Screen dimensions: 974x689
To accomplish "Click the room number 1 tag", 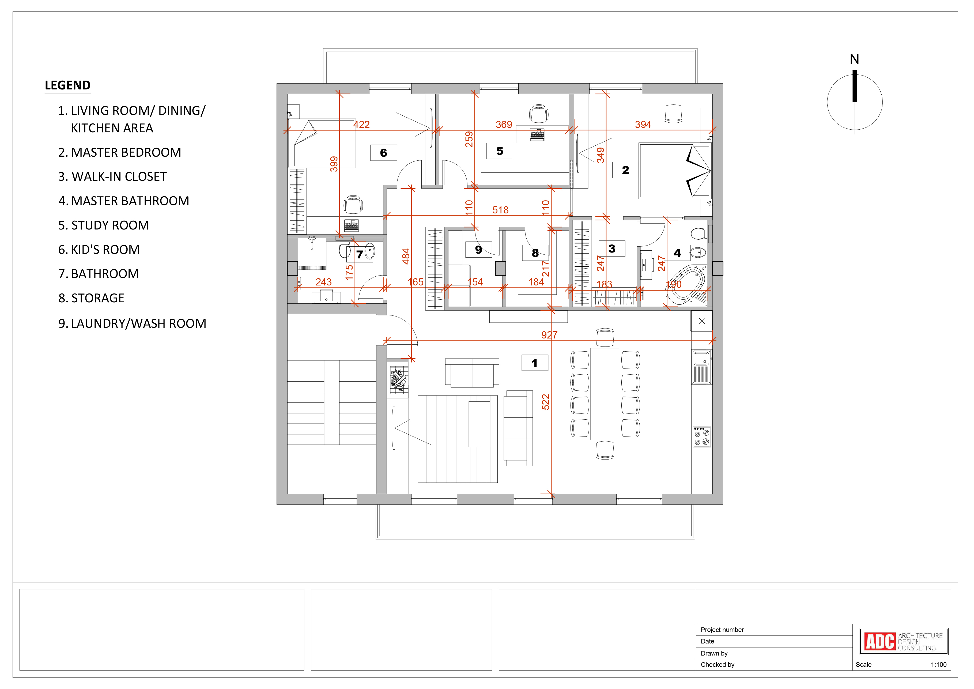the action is [x=534, y=363].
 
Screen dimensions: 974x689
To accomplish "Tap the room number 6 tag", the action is [x=383, y=153].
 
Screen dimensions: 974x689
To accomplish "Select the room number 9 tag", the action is [x=478, y=250].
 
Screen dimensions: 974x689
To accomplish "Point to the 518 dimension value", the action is [x=501, y=210].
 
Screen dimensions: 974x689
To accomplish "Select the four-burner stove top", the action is [x=702, y=436].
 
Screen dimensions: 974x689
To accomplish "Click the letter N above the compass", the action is [x=854, y=59].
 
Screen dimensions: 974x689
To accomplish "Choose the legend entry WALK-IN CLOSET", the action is [x=112, y=176].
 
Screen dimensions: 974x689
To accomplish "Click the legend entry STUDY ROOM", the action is [x=104, y=225].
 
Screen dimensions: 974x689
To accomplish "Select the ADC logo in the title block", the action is [x=904, y=642].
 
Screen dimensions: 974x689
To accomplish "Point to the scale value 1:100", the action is [x=939, y=664].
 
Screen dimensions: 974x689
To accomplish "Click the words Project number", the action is [x=722, y=630].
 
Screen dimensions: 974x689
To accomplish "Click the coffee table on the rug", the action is [x=479, y=424].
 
